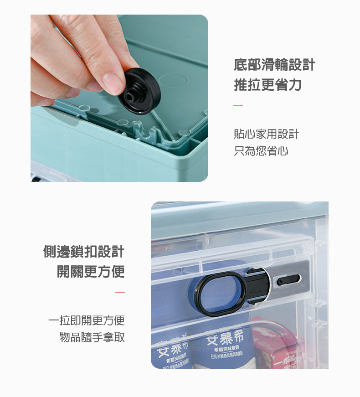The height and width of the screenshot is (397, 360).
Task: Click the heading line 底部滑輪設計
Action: [x=274, y=65]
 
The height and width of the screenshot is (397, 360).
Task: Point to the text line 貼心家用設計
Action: [x=266, y=134]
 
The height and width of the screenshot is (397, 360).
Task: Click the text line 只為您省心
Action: [x=261, y=151]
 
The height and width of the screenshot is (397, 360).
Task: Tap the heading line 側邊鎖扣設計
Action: [x=83, y=252]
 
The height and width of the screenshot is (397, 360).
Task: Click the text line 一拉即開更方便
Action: [x=87, y=320]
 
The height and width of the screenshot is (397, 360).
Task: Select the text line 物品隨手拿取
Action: [x=92, y=337]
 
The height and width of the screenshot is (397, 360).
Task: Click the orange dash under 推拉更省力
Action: [x=238, y=106]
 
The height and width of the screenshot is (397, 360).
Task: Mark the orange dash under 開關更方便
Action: [x=120, y=293]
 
